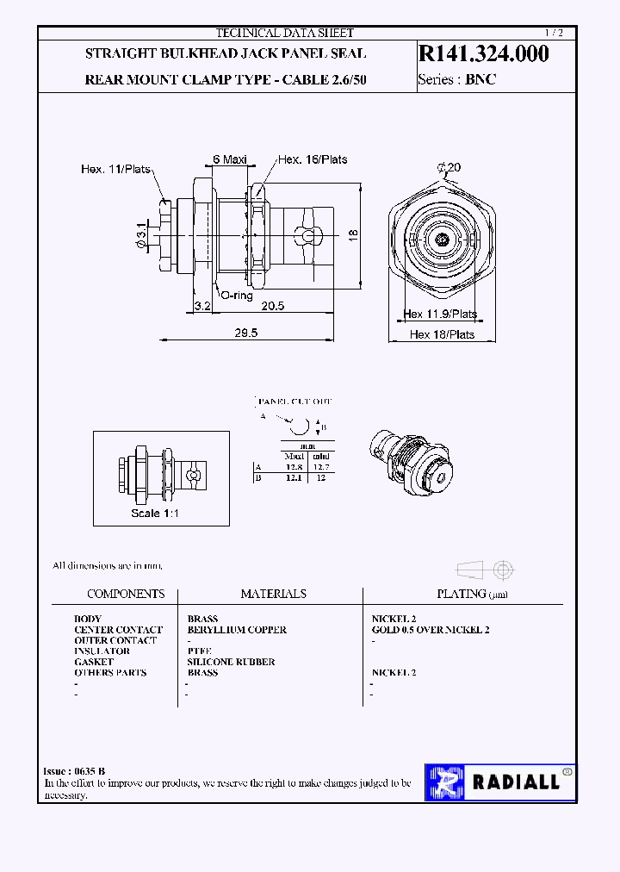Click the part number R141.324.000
[x=483, y=53]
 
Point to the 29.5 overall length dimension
[x=246, y=333]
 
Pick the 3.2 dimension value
[x=202, y=306]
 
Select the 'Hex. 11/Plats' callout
[x=115, y=169]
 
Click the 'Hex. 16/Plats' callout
[x=313, y=159]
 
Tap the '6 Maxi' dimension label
[x=230, y=159]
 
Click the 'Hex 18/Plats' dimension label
[x=442, y=334]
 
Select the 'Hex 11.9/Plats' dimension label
[x=440, y=315]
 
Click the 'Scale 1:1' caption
[x=157, y=514]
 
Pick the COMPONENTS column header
[x=126, y=594]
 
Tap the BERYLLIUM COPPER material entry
[x=237, y=630]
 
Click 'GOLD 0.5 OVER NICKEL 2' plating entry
[x=431, y=630]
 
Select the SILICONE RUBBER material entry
[x=231, y=662]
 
